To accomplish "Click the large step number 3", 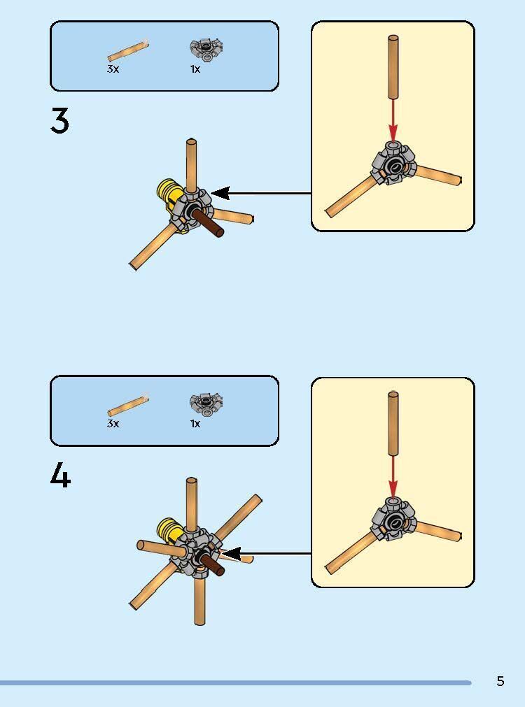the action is [59, 120].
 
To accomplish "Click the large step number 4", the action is [60, 476].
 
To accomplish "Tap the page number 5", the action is [500, 681].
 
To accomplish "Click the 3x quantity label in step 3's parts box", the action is [113, 69].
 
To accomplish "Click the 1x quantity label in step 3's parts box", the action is [195, 69].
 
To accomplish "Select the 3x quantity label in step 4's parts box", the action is [113, 423].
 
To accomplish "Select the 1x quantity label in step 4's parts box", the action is [195, 423].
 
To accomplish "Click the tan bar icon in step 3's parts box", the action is [128, 51].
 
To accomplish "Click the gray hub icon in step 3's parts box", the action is [206, 49].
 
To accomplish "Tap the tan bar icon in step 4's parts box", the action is [128, 406].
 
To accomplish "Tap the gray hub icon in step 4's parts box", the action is [206, 404].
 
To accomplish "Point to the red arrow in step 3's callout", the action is [393, 120].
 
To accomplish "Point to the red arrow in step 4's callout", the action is [393, 476].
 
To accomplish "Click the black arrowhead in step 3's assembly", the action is [220, 194].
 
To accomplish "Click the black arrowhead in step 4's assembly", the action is [232, 554].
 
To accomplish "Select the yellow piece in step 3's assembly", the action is [169, 195].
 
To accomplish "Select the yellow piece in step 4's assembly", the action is [169, 531].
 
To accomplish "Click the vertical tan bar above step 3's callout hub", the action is [393, 66].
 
